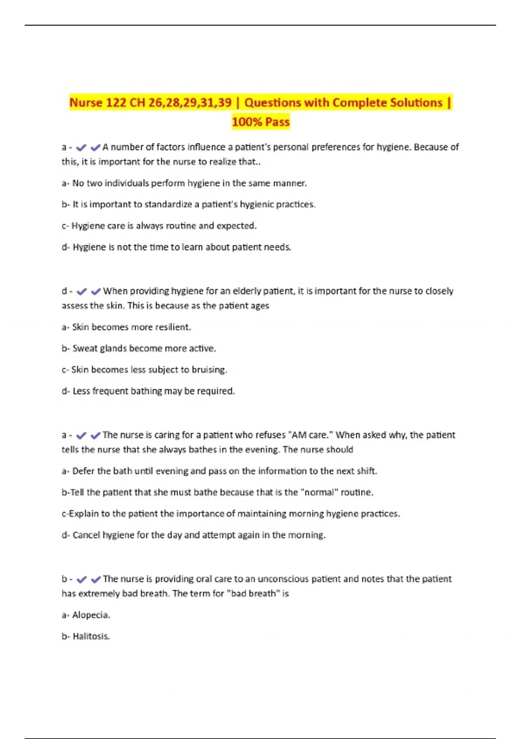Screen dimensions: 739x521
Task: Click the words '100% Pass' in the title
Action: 260,122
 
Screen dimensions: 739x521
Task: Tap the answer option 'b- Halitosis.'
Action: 86,636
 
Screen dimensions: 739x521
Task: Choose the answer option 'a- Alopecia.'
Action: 86,615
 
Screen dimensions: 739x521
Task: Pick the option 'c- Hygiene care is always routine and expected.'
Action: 159,226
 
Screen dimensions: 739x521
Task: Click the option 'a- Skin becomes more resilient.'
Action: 126,327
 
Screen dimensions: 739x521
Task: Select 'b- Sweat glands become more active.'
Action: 138,348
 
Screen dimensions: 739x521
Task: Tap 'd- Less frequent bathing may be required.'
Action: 148,391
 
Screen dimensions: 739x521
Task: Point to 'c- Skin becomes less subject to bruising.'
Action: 144,369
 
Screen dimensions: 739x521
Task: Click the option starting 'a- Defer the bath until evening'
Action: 219,471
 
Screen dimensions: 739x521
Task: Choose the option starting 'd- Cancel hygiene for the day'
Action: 194,535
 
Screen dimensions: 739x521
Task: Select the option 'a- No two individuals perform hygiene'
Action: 184,183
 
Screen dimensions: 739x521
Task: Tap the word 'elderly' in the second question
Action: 247,291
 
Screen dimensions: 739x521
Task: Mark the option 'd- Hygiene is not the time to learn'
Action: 176,247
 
